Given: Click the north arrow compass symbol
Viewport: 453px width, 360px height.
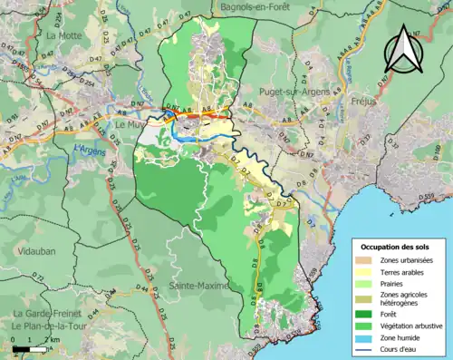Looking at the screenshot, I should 404,51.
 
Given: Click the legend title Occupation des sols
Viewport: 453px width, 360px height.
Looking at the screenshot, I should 396,247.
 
